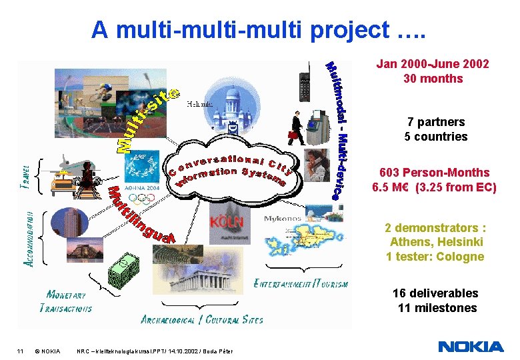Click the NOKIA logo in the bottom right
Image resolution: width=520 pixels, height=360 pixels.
click(x=471, y=346)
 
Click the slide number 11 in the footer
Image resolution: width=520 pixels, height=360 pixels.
click(x=21, y=351)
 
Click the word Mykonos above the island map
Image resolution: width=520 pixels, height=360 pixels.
click(x=283, y=218)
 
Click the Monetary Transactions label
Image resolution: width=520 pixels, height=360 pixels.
click(x=66, y=301)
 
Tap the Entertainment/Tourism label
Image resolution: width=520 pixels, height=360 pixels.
click(x=301, y=283)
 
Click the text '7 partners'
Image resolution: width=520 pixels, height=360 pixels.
click(x=436, y=122)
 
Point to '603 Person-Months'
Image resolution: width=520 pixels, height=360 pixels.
click(x=434, y=173)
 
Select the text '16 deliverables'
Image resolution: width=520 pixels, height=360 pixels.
click(x=435, y=293)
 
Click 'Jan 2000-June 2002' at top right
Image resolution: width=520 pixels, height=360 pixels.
click(x=433, y=64)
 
